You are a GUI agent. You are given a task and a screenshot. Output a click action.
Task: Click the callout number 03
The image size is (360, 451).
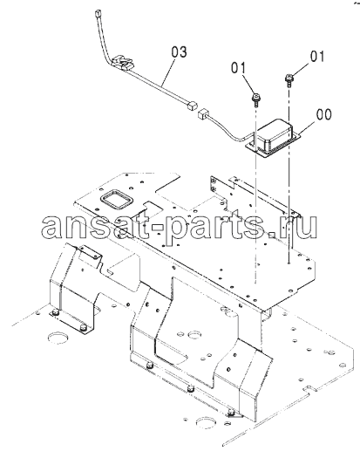(179, 52)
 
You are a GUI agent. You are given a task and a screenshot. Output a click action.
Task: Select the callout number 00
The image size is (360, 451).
(324, 114)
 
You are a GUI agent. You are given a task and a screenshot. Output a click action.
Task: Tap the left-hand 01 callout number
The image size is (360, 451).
(239, 68)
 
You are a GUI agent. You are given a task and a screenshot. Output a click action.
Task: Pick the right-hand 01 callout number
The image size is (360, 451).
(317, 57)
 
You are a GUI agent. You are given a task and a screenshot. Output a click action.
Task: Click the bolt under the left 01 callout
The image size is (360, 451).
(255, 100)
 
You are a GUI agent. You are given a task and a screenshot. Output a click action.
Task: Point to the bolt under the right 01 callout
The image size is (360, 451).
(289, 80)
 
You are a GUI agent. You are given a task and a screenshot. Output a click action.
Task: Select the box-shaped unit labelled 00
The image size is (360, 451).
(273, 138)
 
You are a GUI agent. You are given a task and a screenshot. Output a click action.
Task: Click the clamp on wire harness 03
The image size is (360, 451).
(122, 63)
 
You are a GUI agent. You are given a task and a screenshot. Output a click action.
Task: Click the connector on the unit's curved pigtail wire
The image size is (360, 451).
(203, 114)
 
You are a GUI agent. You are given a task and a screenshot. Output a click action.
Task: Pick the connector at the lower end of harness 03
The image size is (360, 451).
(191, 106)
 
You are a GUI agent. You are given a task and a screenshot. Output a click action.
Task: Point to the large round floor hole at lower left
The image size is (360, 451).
(59, 338)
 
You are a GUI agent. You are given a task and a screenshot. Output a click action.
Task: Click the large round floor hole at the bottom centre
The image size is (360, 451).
(207, 424)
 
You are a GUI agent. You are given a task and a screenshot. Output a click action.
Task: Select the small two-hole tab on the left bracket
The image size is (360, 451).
(90, 252)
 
